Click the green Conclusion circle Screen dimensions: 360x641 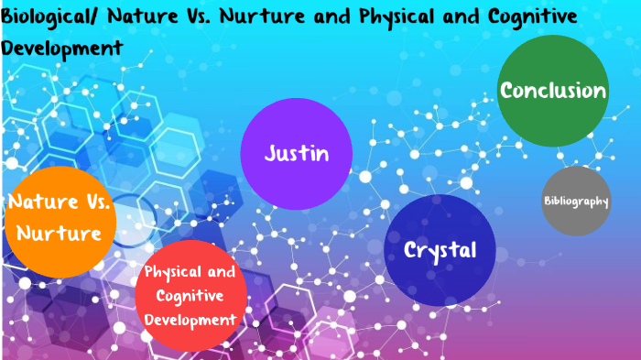coord(553,91)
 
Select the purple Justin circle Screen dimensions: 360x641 coord(296,153)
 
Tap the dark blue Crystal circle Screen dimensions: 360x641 coord(440,249)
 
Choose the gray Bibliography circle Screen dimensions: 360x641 coord(576,201)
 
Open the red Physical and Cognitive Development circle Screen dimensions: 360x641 coord(190,295)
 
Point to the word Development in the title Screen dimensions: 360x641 coord(62,46)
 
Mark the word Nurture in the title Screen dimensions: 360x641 coord(272,16)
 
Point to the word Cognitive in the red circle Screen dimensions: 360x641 coord(190,295)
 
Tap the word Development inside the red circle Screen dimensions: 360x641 coord(190,319)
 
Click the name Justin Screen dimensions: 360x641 coord(296,153)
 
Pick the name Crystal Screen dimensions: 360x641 coord(440,250)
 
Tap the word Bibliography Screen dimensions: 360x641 coord(576,201)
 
